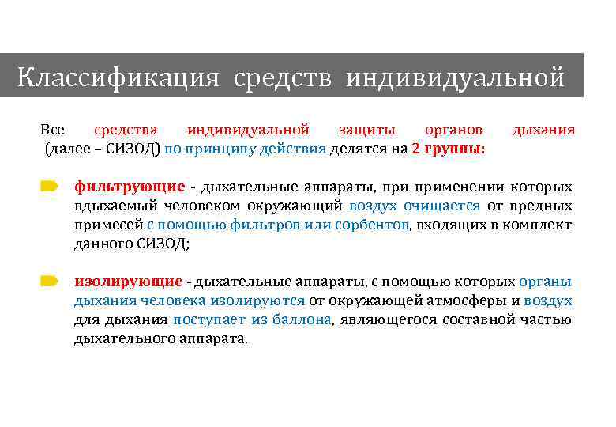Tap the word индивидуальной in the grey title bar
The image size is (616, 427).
tap(455, 78)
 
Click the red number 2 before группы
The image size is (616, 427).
tap(416, 148)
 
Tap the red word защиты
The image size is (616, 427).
tap(366, 129)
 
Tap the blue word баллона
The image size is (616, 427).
tap(304, 319)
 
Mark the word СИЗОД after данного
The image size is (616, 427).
tap(164, 244)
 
